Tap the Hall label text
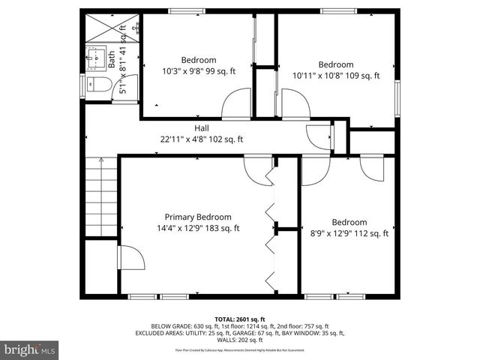tap(201, 128)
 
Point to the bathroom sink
tap(94, 56)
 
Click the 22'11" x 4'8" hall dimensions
tap(201, 139)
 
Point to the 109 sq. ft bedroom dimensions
tap(335, 75)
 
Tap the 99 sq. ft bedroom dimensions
tap(198, 71)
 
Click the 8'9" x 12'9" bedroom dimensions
tap(349, 233)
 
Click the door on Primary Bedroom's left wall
tap(132, 260)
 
